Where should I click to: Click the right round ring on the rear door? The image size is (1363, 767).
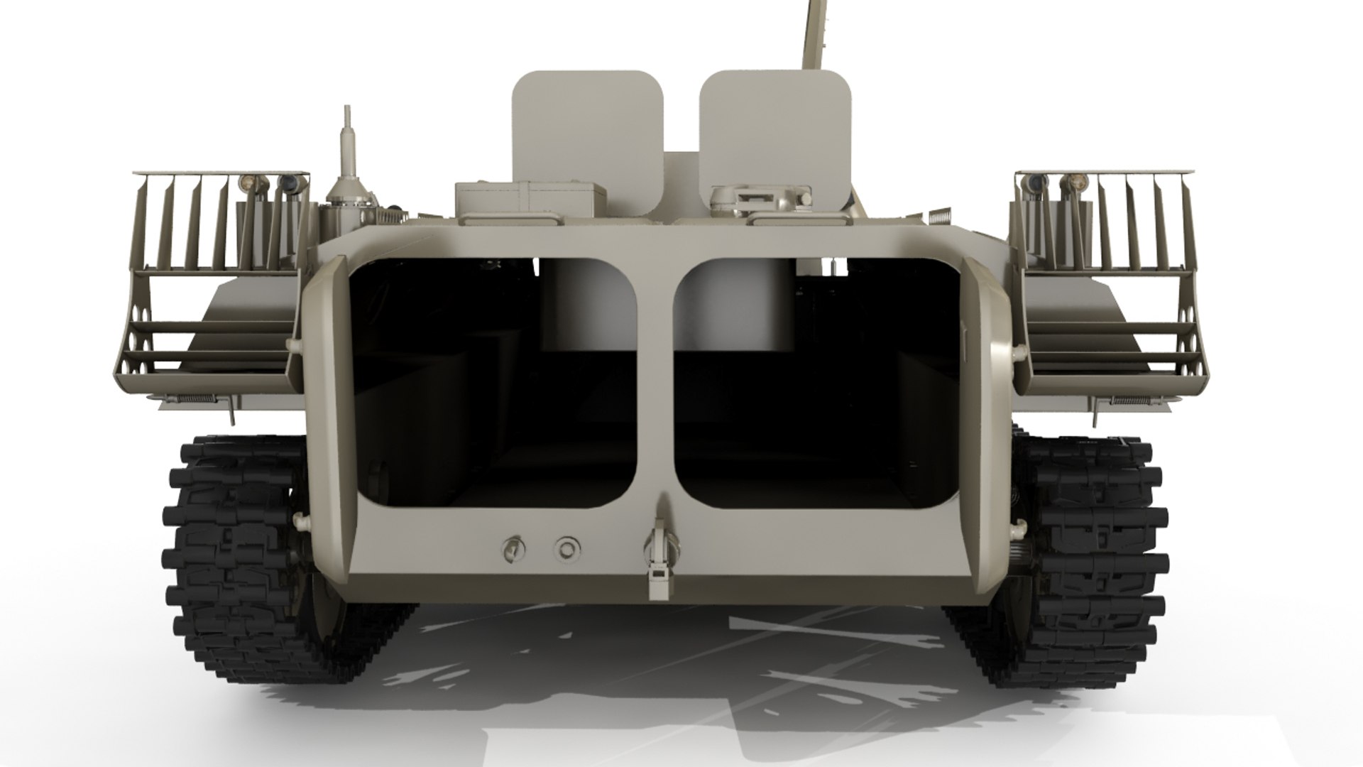(566, 548)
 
